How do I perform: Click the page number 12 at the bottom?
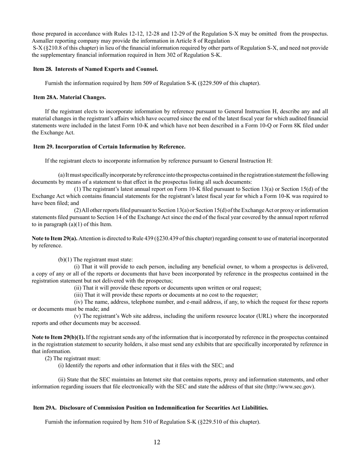(157, 442)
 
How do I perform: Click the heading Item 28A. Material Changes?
(69, 97)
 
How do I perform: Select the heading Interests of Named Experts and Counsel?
(106, 69)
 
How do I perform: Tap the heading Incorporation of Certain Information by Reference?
(120, 147)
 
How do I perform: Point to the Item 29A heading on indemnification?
(150, 408)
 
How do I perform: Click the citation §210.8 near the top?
(53, 48)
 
